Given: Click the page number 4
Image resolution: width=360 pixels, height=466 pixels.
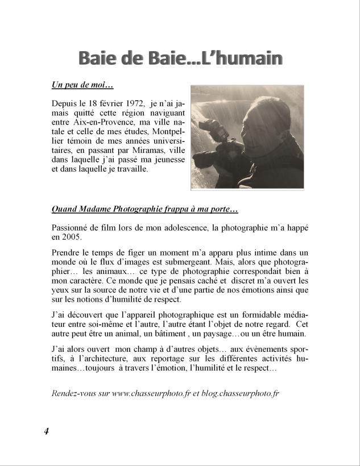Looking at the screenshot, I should click(x=47, y=431).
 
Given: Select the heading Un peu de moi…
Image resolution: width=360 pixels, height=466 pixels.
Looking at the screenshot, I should click(x=82, y=85).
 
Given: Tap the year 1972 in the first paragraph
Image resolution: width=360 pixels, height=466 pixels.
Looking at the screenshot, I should click(x=131, y=104).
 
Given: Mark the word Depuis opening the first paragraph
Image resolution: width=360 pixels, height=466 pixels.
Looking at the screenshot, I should click(x=63, y=104).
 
